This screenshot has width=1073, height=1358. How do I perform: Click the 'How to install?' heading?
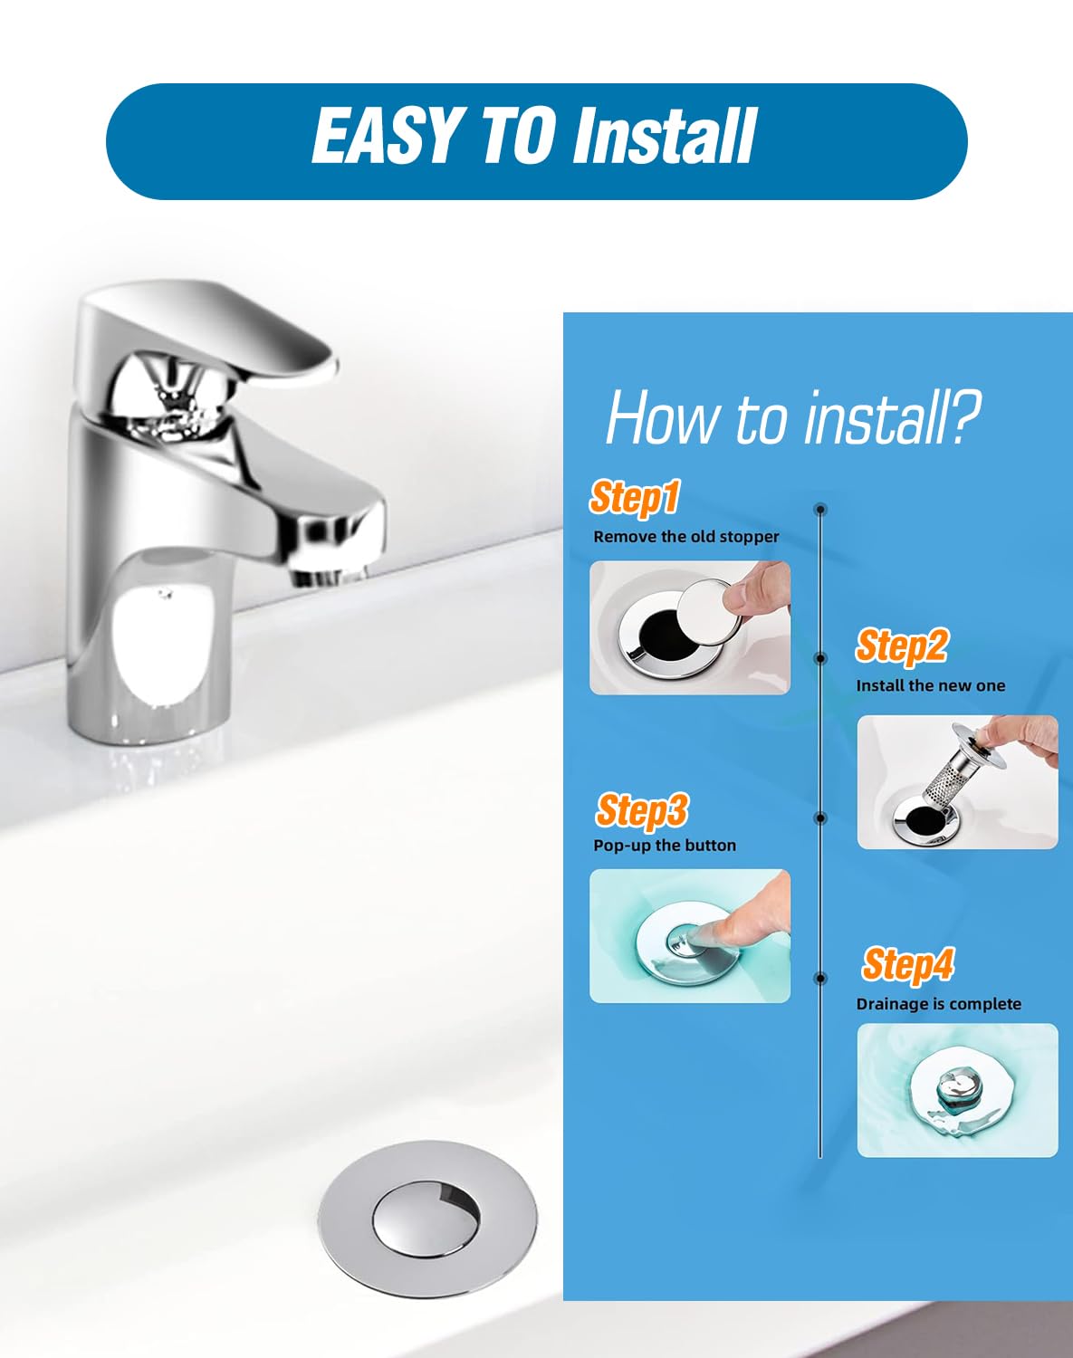793,417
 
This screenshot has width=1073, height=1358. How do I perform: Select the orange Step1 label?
635,497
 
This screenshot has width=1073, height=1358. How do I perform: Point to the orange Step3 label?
642,810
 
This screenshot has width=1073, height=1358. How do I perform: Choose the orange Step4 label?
908,964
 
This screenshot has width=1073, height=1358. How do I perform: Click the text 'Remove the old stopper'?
686,537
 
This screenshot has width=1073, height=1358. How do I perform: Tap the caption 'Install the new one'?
930,686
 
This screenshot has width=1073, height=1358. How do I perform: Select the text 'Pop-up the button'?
665,846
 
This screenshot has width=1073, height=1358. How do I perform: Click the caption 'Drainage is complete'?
939,1004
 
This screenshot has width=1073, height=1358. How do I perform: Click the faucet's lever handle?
208,334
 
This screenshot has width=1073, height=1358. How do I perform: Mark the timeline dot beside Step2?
819,658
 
